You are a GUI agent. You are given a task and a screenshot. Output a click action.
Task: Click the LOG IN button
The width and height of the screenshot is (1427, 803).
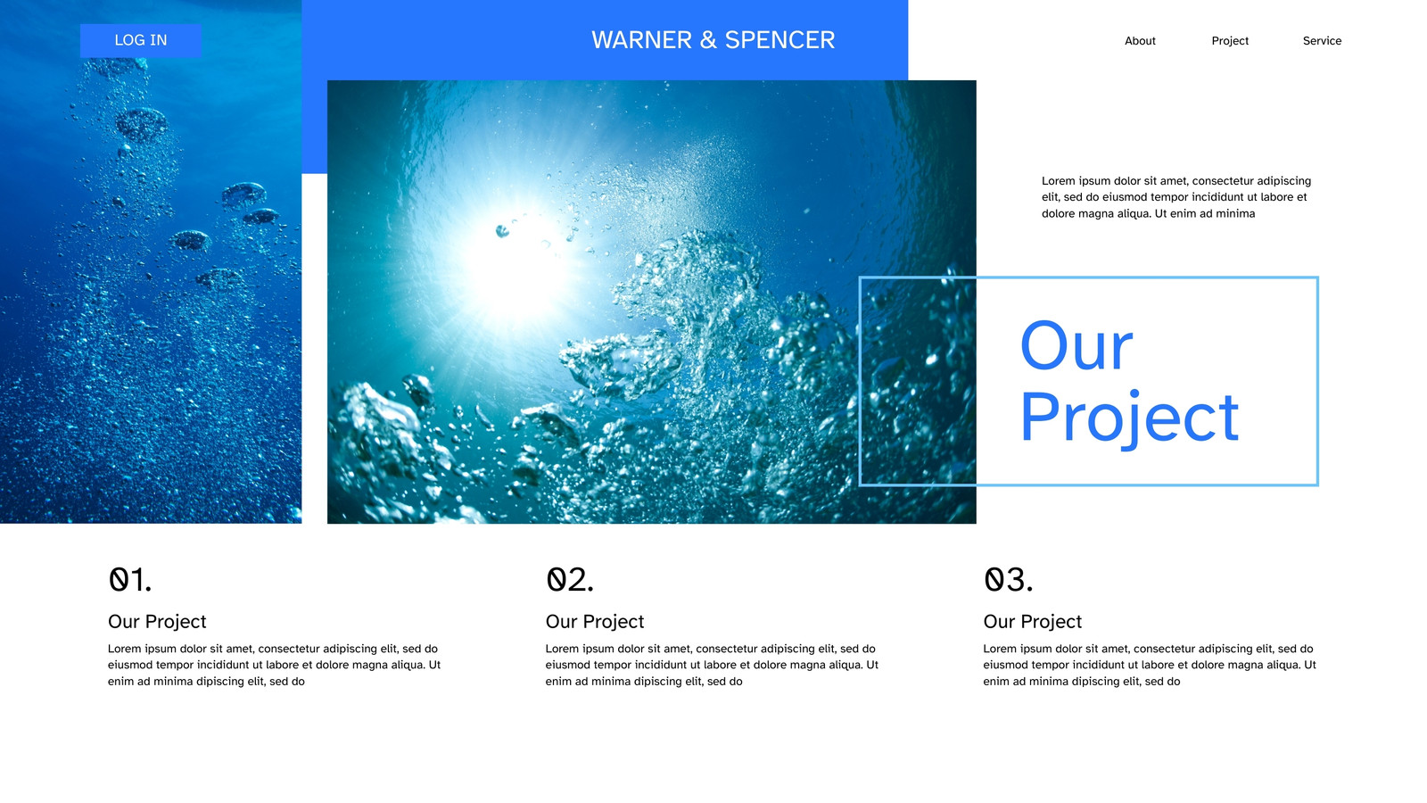pos(141,41)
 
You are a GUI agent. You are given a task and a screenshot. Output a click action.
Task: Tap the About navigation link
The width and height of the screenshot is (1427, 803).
pos(1140,41)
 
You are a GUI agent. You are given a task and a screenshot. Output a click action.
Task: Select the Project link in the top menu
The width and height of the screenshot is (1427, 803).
pos(1230,41)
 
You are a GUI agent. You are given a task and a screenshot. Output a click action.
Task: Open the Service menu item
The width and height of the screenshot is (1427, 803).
pos(1322,41)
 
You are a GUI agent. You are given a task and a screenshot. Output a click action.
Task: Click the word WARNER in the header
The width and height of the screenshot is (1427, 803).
pos(641,40)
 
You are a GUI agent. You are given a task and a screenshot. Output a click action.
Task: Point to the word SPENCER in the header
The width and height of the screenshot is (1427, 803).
pos(779,40)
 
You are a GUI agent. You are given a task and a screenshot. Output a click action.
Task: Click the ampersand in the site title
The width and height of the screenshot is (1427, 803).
pos(708,40)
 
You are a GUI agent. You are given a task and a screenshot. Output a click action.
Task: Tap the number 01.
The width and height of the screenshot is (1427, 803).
pos(130,579)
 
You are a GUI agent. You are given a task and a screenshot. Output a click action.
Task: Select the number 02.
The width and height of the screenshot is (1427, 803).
pos(570,579)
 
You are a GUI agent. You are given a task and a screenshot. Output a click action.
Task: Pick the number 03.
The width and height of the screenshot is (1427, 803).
pos(1009,579)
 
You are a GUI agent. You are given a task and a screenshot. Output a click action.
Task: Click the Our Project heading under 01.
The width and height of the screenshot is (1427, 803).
pos(157,621)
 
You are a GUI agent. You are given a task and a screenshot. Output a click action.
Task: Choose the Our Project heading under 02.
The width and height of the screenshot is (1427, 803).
pos(594,621)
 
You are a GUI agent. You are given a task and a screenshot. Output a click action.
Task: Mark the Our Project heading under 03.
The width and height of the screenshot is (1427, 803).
pos(1032,621)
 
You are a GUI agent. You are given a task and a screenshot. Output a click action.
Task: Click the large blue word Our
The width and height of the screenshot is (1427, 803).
pos(1076,346)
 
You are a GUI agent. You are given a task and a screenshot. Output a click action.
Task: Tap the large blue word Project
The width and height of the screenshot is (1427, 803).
pos(1129,418)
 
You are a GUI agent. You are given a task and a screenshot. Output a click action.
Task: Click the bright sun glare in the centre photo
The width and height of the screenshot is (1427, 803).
pos(516,268)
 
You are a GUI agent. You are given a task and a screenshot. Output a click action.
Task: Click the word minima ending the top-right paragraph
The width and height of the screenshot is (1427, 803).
pos(1235,213)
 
